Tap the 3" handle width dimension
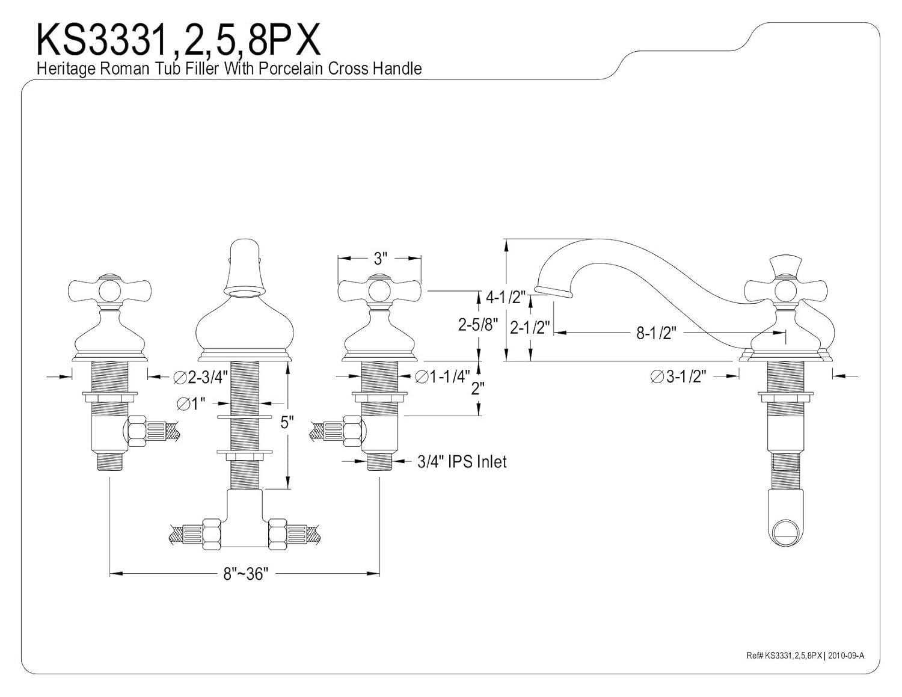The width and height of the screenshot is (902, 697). (378, 259)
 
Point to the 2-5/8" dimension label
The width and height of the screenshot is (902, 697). (478, 325)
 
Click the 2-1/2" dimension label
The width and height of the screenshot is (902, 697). (530, 328)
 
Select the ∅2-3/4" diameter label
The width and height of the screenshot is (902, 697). (201, 377)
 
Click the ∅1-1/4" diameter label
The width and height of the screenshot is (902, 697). (443, 376)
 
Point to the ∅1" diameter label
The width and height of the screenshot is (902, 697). (191, 404)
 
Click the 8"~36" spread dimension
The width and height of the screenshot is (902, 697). (244, 574)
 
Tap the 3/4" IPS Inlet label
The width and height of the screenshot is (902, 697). (462, 461)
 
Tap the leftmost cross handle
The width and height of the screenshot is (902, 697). (109, 290)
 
